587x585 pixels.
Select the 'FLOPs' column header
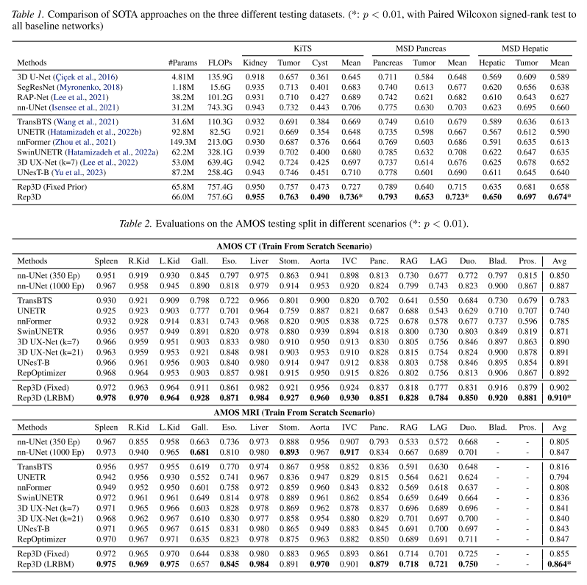click(220, 63)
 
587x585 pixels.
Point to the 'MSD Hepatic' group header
click(525, 47)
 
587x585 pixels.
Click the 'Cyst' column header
click(319, 63)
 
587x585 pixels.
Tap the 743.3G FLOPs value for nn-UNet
click(220, 107)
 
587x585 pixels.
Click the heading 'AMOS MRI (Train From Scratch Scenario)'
click(293, 414)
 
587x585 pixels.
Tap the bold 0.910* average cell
click(560, 398)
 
